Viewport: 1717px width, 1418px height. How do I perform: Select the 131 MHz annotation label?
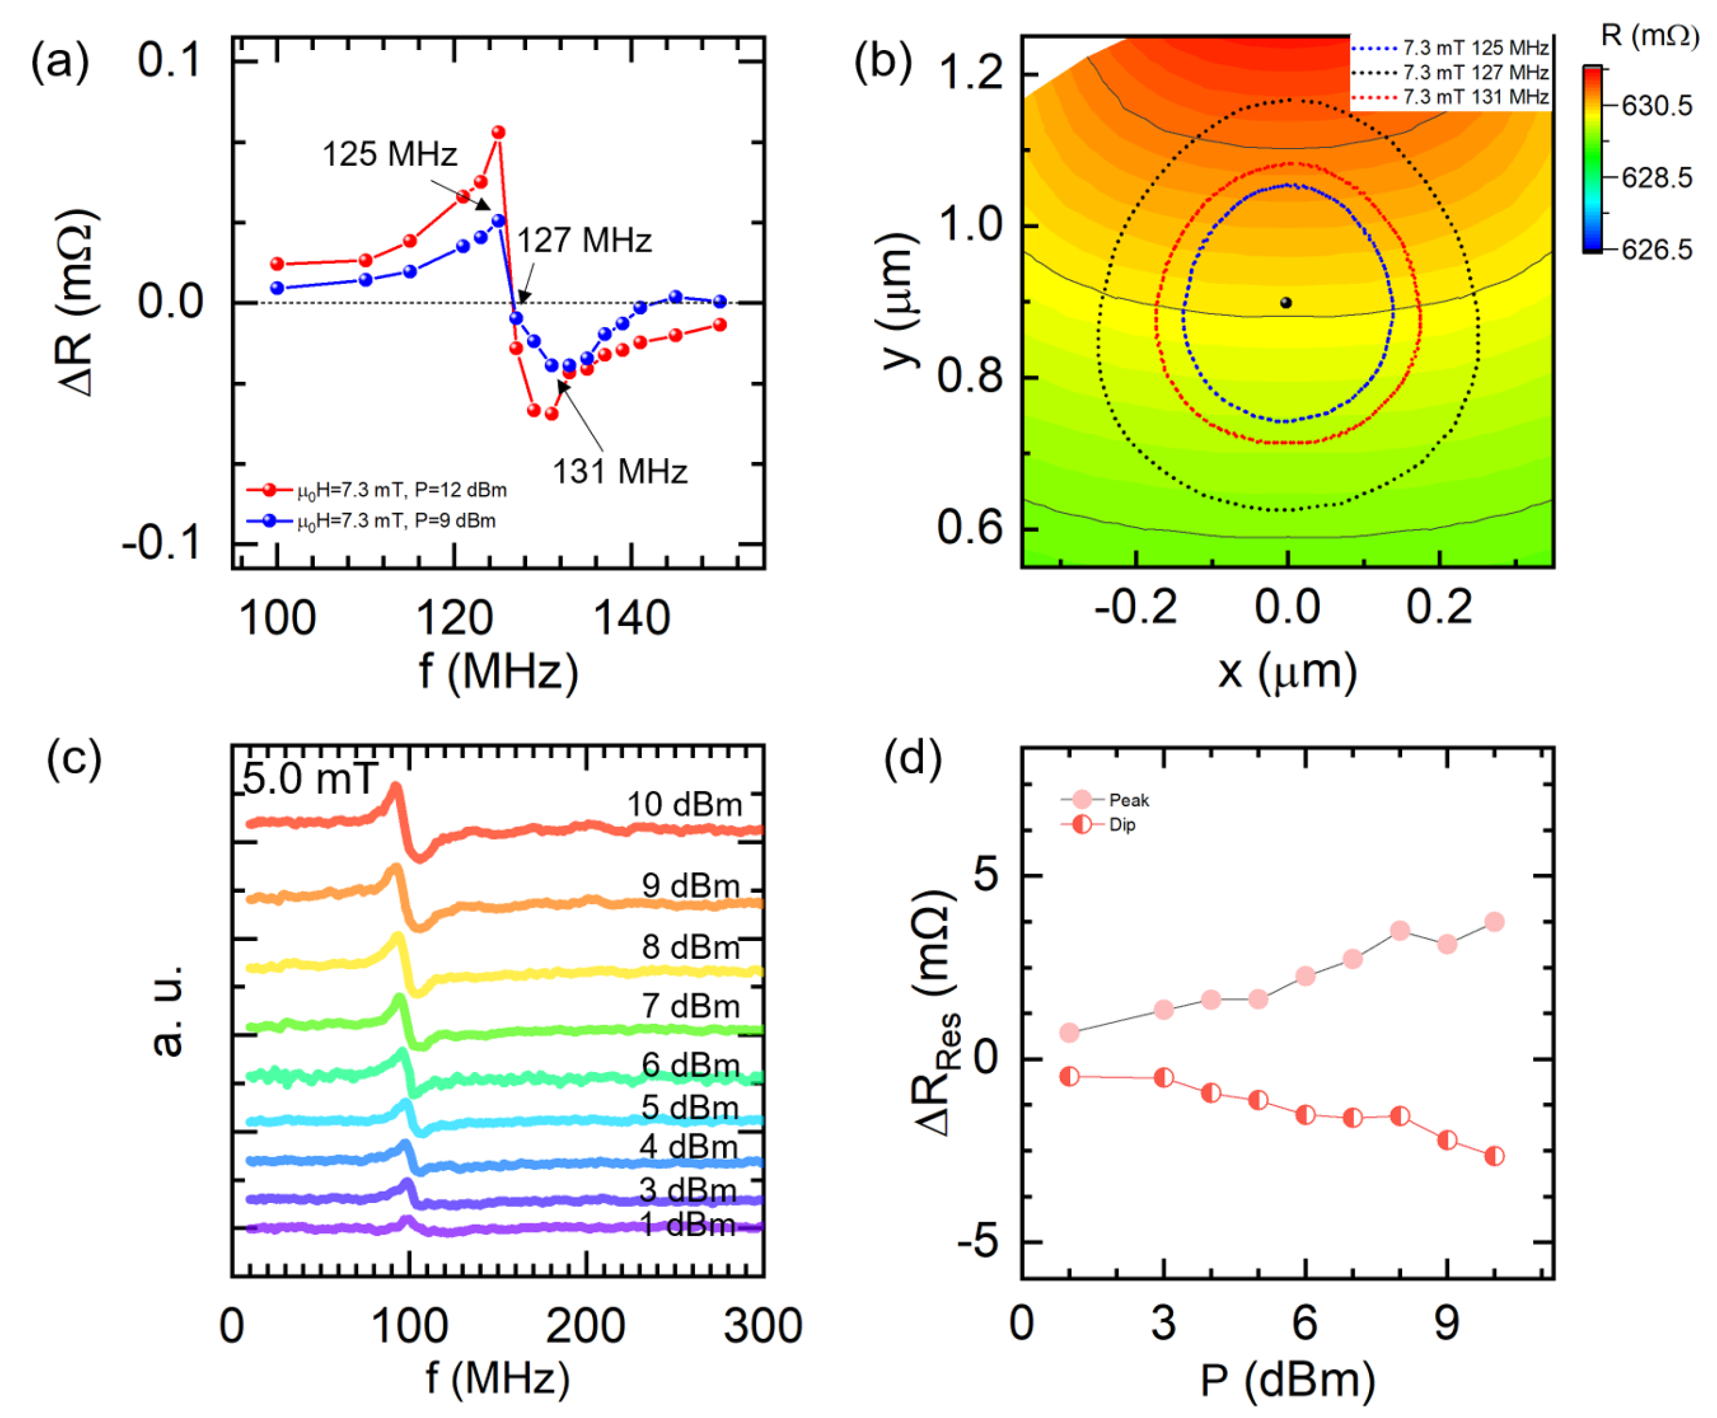(x=619, y=471)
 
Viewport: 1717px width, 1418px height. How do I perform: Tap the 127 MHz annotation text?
(x=584, y=240)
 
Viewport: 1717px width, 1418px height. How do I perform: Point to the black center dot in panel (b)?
(x=1285, y=303)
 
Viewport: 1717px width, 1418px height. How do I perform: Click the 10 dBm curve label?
(x=684, y=805)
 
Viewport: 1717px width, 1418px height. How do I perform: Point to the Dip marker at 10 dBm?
(x=1494, y=1156)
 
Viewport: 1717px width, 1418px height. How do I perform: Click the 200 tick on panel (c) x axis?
(x=585, y=1325)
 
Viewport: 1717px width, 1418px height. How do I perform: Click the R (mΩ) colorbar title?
(x=1649, y=36)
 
